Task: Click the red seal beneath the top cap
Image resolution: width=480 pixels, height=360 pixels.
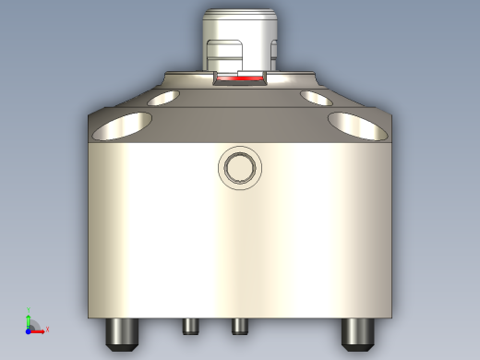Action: pyautogui.click(x=239, y=80)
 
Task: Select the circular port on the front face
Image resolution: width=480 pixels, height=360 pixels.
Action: pyautogui.click(x=240, y=167)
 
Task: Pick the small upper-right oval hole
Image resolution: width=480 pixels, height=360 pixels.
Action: pyautogui.click(x=316, y=97)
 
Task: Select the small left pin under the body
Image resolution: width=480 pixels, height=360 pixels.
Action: pyautogui.click(x=191, y=326)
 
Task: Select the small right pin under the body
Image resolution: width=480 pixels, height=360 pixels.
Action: pyautogui.click(x=239, y=326)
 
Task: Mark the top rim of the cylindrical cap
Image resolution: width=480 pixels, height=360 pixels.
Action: pyautogui.click(x=239, y=13)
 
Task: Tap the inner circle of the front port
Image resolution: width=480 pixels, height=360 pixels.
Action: pyautogui.click(x=240, y=167)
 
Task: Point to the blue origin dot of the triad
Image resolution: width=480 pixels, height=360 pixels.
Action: pyautogui.click(x=29, y=329)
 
